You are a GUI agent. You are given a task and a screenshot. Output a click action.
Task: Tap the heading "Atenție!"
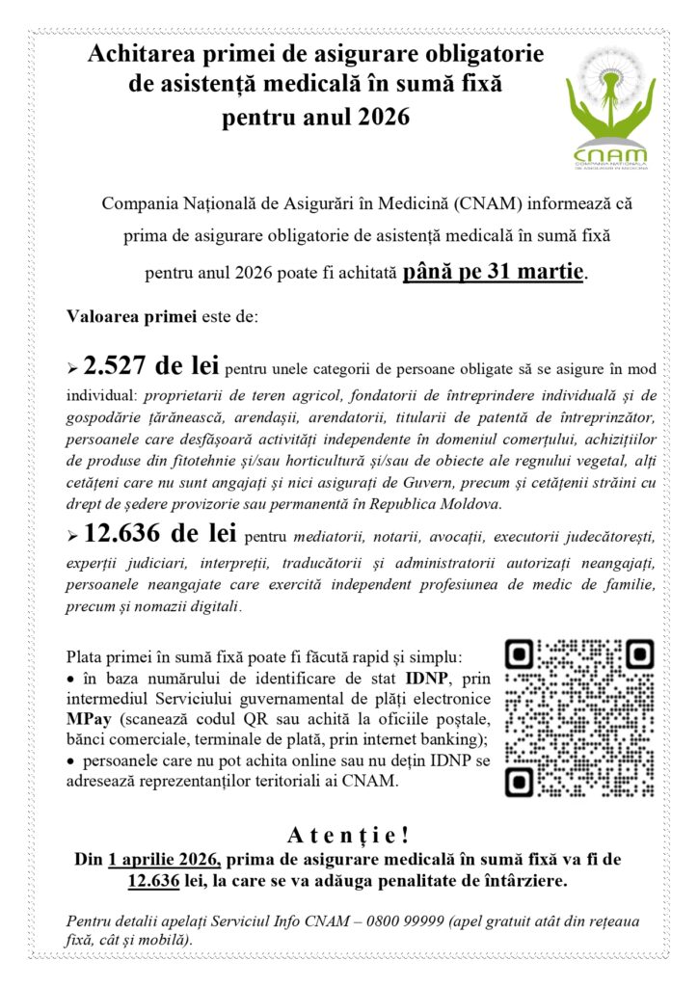coord(349,832)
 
